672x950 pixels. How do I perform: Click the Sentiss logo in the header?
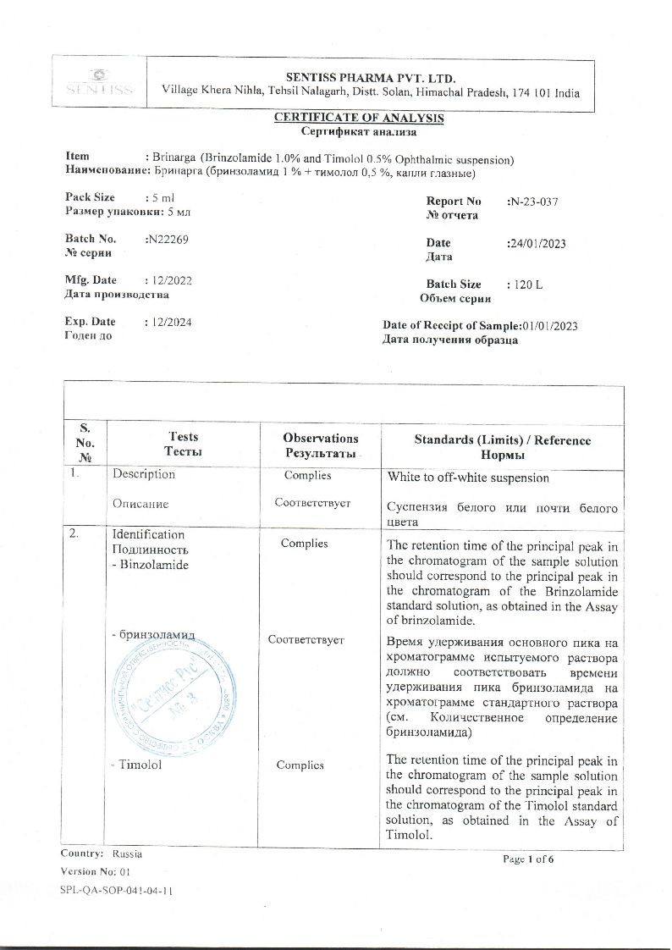99,82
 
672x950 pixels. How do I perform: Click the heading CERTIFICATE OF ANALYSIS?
358,118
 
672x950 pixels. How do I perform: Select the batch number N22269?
167,240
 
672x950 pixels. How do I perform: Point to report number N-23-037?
532,202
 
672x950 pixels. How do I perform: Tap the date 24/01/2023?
536,244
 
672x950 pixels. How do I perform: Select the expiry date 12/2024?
168,322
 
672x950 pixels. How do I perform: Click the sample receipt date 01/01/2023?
550,326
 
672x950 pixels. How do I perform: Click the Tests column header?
184,445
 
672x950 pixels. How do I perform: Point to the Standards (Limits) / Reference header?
503,447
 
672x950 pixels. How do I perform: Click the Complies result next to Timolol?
300,765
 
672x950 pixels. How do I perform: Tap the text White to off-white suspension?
468,478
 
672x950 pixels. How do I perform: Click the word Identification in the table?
148,534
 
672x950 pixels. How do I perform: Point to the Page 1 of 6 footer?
528,859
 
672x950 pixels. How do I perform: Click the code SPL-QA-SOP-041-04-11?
117,891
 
